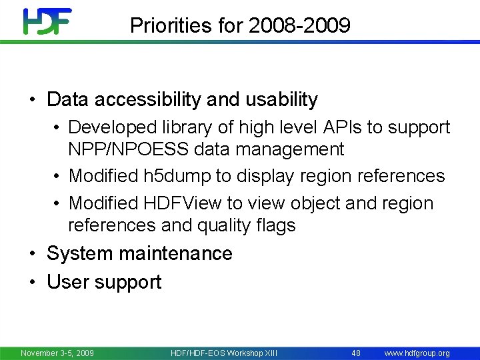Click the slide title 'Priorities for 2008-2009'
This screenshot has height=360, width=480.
coord(240,25)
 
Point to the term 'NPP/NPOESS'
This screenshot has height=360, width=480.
coord(125,149)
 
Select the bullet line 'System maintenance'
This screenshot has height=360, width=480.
coord(139,253)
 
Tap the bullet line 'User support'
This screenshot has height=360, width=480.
coord(104,282)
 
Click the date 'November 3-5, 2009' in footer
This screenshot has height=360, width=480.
coord(57,353)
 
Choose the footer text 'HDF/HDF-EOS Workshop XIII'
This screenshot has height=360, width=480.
coord(224,353)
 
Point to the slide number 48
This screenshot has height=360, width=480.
coord(356,353)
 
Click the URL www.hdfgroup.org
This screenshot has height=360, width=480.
coord(417,353)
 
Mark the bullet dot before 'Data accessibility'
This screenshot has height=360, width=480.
coord(32,101)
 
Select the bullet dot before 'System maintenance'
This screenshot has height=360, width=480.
coord(32,254)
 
